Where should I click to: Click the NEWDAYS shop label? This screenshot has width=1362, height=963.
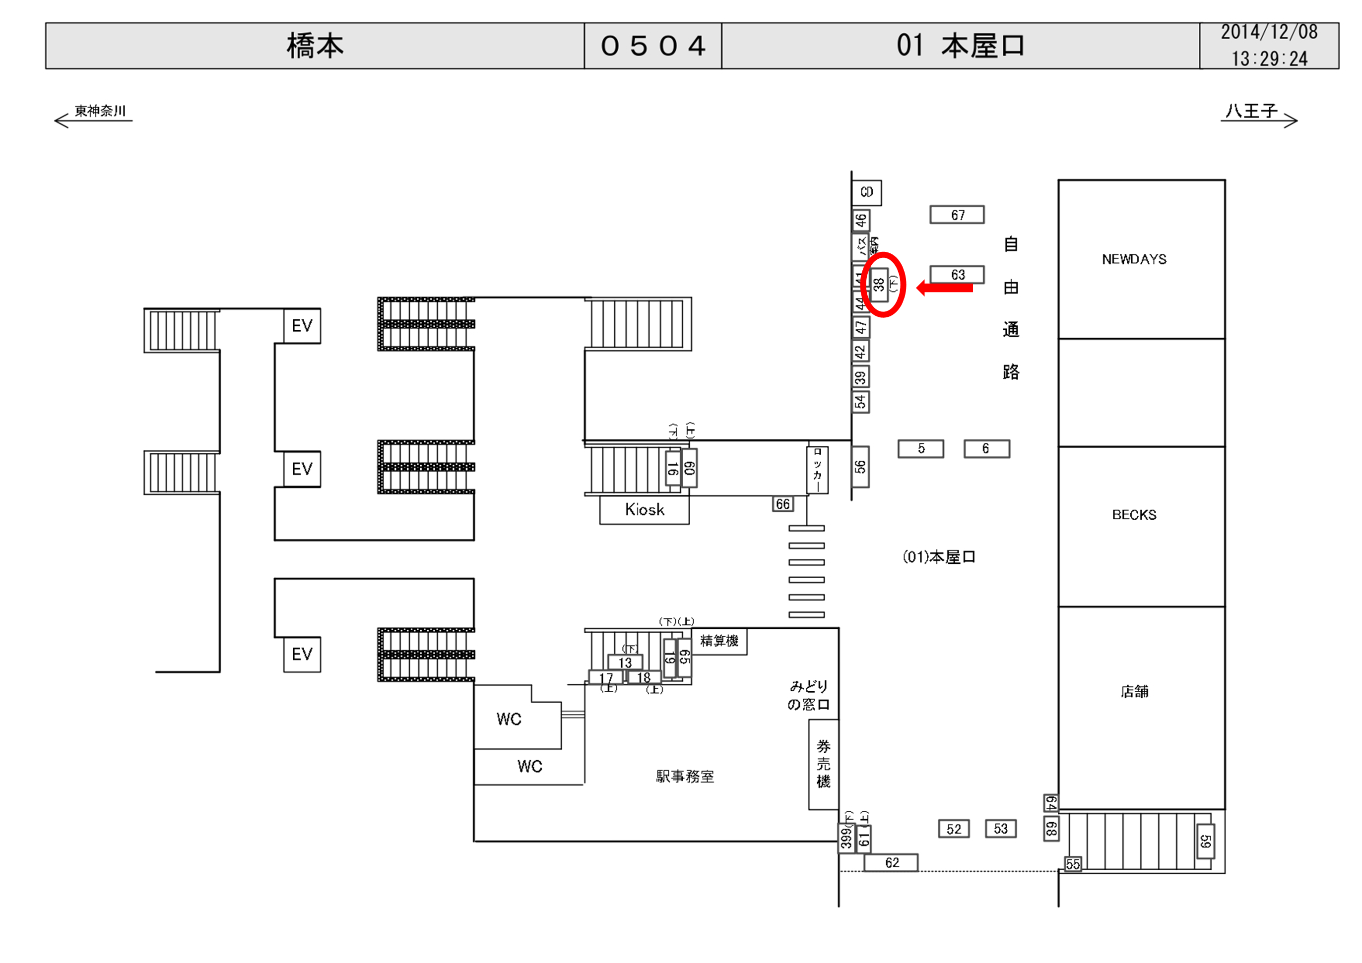(x=1134, y=259)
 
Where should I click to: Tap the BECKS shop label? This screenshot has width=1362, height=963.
(x=1134, y=515)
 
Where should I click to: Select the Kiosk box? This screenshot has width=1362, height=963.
(x=644, y=510)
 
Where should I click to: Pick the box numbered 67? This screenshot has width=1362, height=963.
(x=957, y=215)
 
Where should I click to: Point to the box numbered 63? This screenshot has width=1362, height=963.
(x=957, y=275)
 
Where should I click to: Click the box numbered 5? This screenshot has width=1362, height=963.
(x=921, y=449)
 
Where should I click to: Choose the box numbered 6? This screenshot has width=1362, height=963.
(x=986, y=449)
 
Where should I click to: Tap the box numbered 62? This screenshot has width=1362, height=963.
(x=891, y=863)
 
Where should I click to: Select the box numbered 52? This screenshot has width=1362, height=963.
(x=953, y=829)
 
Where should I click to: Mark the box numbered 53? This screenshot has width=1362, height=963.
(x=1001, y=829)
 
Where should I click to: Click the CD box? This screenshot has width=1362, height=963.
(x=867, y=192)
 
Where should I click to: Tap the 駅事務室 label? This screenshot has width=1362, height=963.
(x=685, y=776)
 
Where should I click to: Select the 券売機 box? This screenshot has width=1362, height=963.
(x=823, y=764)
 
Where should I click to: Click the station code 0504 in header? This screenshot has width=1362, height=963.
(x=652, y=46)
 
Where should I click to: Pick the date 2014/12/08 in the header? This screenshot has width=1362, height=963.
(x=1269, y=33)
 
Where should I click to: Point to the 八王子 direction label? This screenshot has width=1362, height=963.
(x=1251, y=111)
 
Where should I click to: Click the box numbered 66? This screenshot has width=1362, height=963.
(x=783, y=504)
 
